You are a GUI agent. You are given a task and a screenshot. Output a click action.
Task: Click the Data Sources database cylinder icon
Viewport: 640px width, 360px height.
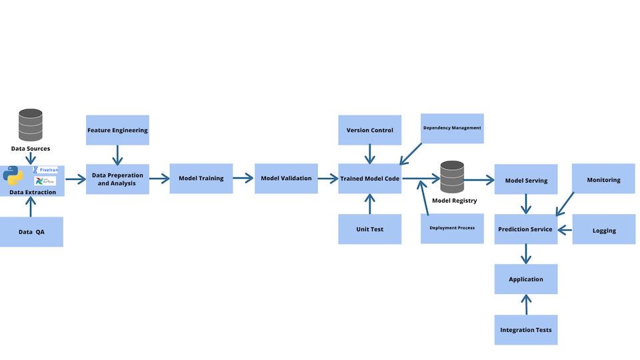click(x=30, y=125)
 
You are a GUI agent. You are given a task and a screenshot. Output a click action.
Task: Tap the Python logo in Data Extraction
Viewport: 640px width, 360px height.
click(x=13, y=176)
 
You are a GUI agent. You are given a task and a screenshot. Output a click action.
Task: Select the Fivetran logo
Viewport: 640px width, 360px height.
click(x=45, y=170)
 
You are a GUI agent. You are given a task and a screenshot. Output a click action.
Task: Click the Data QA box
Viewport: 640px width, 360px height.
click(x=31, y=231)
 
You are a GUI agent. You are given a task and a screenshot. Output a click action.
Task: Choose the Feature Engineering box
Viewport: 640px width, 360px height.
click(x=117, y=130)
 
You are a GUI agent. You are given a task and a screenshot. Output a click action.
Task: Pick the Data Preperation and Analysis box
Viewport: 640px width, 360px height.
click(x=117, y=179)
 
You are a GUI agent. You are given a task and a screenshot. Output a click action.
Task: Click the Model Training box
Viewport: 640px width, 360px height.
click(x=201, y=178)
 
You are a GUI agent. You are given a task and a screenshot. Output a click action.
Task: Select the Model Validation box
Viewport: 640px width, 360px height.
click(x=286, y=178)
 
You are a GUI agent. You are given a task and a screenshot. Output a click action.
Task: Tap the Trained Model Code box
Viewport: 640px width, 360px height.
click(x=369, y=178)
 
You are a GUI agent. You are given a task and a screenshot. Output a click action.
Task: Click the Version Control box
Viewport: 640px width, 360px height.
click(x=369, y=130)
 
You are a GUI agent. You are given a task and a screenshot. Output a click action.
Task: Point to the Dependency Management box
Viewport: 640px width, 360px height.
click(x=452, y=128)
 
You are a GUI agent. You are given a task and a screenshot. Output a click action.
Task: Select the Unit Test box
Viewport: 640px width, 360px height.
click(x=369, y=229)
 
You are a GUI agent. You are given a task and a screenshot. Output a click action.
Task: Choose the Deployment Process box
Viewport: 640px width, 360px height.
click(x=452, y=228)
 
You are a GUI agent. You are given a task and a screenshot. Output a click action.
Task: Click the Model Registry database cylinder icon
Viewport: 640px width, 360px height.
click(x=452, y=177)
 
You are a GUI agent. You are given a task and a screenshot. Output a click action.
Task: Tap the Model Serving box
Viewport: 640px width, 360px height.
click(x=526, y=180)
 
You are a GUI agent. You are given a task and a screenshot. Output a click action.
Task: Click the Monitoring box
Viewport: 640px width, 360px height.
click(x=603, y=179)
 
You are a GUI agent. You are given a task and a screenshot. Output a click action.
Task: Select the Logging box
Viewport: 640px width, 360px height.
click(x=603, y=230)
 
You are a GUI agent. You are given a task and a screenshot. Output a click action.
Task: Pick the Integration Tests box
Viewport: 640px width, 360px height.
click(x=526, y=329)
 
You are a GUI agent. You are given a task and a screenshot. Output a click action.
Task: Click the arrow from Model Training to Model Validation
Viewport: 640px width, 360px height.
click(x=243, y=178)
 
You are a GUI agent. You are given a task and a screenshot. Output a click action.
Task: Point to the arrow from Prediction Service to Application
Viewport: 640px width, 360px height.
click(x=526, y=254)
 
